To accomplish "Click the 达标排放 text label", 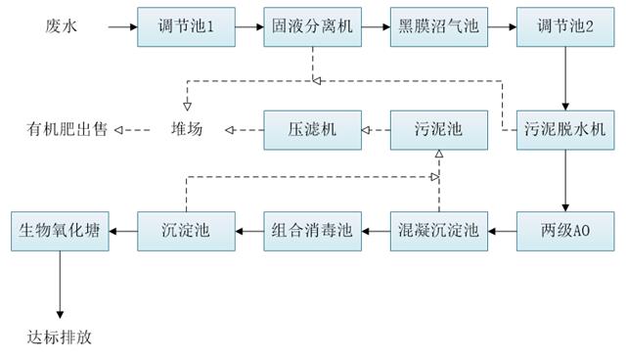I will coord(59,338).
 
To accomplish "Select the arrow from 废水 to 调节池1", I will coord(122,27).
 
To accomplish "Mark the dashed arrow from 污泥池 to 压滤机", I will coord(376,128).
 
